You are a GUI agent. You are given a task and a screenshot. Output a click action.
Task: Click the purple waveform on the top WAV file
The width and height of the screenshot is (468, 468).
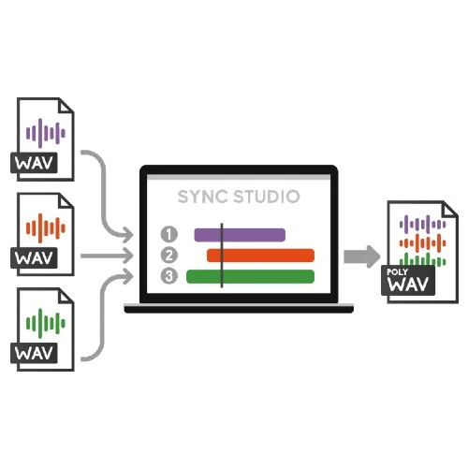coord(46,133)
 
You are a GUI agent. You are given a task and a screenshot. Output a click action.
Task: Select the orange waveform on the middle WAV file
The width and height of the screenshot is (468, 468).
coord(46,228)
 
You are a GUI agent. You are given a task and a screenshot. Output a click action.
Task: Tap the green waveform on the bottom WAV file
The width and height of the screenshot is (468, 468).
coord(46,324)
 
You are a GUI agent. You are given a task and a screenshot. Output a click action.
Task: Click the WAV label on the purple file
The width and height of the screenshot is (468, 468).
coord(34,163)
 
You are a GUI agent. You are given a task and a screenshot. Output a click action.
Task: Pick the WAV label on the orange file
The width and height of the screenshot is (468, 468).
coord(34,258)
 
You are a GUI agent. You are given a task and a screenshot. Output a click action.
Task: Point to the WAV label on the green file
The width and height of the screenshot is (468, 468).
coord(34,353)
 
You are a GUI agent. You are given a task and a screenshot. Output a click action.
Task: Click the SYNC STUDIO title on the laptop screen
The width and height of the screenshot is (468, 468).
coord(239,197)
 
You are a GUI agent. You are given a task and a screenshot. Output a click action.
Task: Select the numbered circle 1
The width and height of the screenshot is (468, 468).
coord(169,234)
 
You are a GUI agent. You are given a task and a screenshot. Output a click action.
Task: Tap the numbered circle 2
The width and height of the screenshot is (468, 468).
coord(169,256)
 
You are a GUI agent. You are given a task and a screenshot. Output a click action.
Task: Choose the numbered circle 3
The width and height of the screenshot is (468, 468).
coord(169,276)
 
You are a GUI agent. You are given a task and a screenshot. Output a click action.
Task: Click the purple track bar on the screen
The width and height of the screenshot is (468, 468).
coord(240,235)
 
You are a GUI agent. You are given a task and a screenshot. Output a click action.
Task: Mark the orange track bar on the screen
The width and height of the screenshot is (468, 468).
coord(260,256)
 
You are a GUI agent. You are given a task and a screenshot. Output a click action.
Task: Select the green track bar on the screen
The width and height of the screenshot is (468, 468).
coord(250,277)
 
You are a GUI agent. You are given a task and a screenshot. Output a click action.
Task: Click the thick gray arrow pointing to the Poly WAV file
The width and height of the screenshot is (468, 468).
coord(362,256)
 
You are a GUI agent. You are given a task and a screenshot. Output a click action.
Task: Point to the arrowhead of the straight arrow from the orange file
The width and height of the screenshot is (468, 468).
coord(128,256)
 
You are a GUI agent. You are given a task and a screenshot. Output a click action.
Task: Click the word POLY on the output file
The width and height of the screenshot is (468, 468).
coord(397,272)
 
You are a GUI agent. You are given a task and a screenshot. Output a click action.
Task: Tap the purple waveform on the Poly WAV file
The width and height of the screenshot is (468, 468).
coord(423,224)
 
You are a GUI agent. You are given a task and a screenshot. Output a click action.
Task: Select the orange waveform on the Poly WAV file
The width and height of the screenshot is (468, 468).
coord(423,242)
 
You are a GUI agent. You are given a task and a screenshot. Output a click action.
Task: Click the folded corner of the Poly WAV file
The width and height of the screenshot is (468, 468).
coord(450,209)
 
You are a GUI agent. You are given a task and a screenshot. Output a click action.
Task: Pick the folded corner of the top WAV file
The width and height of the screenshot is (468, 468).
coord(66,105)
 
